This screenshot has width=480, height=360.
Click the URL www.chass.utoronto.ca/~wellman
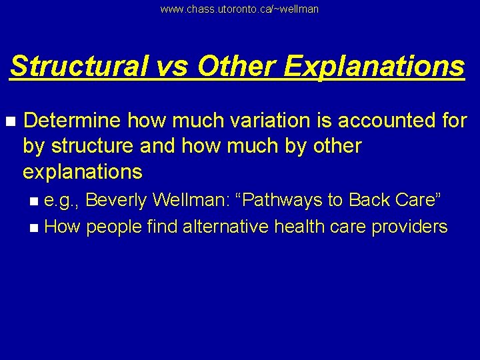(239, 9)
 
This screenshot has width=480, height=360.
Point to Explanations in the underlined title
(373, 67)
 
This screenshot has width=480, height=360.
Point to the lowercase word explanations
(83, 172)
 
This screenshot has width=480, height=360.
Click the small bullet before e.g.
(34, 201)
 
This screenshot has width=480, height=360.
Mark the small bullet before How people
(34, 227)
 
